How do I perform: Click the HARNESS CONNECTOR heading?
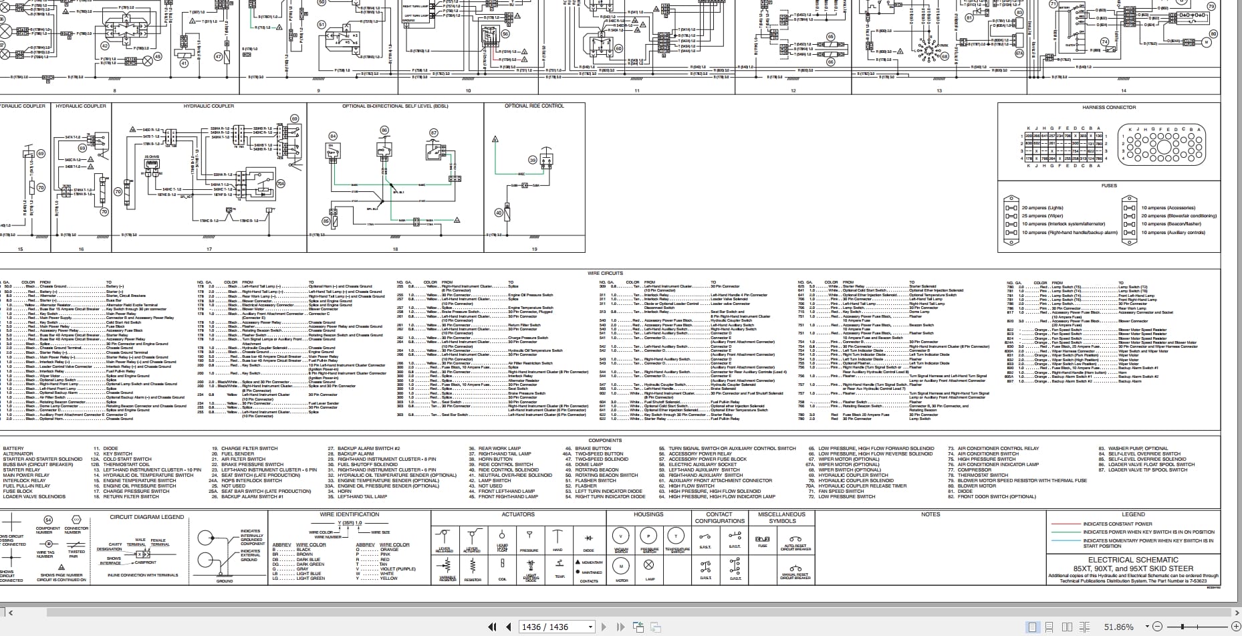click(x=1109, y=107)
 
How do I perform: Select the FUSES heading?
click(x=1109, y=185)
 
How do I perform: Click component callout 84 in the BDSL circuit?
click(x=332, y=136)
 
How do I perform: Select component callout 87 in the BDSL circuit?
click(x=433, y=133)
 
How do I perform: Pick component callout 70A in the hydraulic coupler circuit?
click(x=281, y=183)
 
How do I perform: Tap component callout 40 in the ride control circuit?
click(x=498, y=213)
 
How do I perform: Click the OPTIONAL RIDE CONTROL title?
click(x=534, y=106)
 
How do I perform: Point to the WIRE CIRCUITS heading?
click(x=605, y=273)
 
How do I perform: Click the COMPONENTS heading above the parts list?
click(x=605, y=440)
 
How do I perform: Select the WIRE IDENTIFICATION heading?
click(x=349, y=514)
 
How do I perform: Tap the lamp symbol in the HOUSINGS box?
click(x=649, y=564)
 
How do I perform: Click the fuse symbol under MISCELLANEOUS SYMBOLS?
click(x=762, y=539)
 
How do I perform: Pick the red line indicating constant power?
click(x=1065, y=524)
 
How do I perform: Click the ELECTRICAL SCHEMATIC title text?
click(x=1133, y=560)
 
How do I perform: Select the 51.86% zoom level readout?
click(x=1118, y=627)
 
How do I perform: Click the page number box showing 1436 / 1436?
click(x=549, y=627)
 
